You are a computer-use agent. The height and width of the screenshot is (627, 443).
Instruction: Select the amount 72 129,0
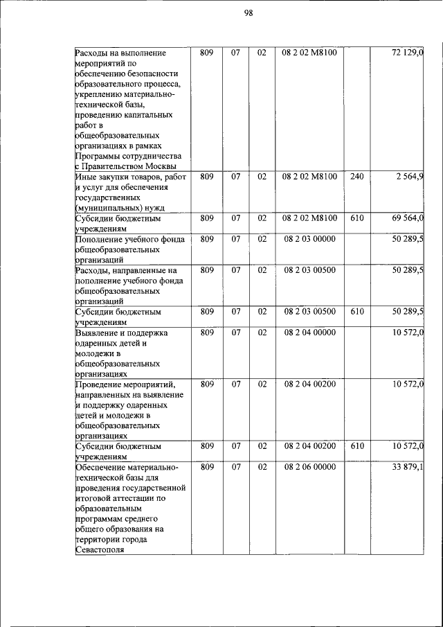408,53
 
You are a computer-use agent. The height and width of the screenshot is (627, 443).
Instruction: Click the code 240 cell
356,177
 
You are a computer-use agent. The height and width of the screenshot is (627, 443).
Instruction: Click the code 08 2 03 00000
309,239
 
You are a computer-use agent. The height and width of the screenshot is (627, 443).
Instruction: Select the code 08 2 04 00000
309,333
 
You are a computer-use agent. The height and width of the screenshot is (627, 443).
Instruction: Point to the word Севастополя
100,550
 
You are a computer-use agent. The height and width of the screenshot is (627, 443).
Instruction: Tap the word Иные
85,177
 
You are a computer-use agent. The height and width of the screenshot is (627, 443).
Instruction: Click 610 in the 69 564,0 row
356,218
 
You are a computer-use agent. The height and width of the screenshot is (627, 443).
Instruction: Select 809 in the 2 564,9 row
206,177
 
